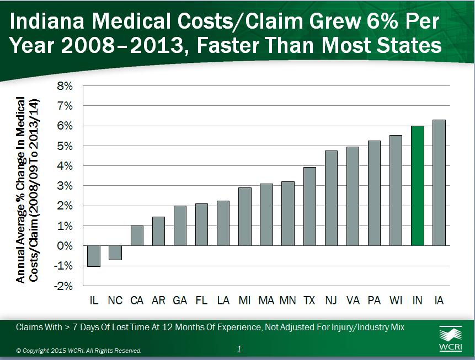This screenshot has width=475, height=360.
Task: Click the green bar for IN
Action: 418,186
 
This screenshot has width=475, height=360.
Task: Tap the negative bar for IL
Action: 94,256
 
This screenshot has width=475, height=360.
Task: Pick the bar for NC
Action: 115,252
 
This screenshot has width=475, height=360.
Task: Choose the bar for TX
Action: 309,206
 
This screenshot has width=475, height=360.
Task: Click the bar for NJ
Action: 331,198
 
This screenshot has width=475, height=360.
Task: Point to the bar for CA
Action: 137,235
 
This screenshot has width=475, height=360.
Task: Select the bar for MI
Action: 245,217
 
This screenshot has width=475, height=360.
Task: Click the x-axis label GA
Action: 180,300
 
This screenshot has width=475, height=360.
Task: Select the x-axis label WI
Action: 396,300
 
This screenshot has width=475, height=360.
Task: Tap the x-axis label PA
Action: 374,300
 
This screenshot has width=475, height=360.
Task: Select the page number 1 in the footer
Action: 239,349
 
